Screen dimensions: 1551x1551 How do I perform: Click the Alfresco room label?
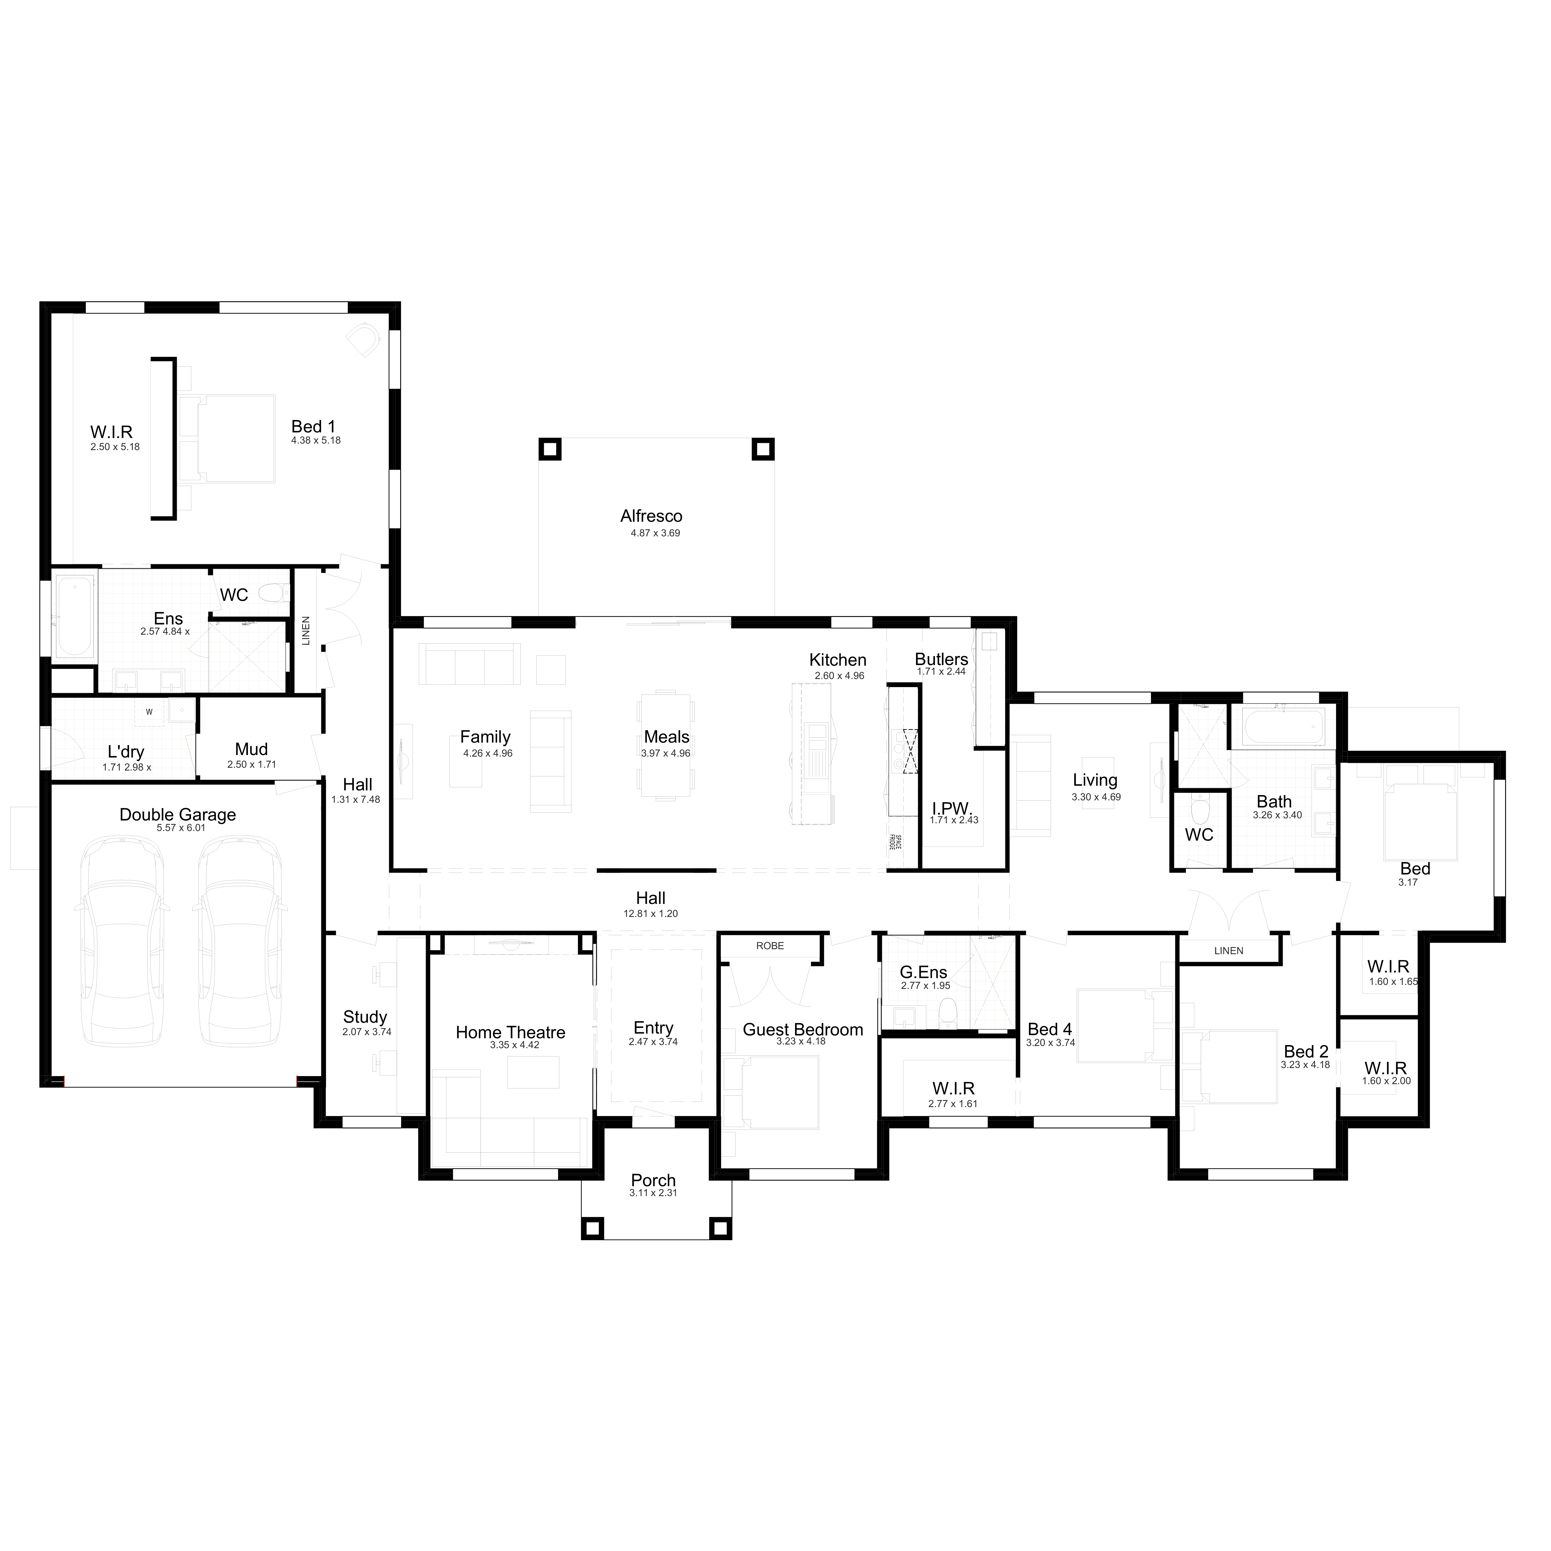point(651,516)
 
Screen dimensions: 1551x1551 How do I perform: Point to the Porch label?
point(654,1180)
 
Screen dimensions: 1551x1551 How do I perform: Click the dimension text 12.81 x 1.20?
point(651,914)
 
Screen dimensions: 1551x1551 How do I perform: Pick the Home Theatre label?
point(511,1032)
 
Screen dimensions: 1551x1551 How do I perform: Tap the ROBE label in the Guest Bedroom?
point(770,946)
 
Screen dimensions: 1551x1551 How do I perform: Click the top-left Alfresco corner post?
point(550,449)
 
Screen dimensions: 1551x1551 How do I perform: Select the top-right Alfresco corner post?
point(763,449)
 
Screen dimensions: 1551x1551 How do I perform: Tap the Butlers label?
point(942,659)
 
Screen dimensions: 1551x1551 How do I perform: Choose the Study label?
point(365,1017)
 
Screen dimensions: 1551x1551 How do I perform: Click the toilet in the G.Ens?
point(948,1013)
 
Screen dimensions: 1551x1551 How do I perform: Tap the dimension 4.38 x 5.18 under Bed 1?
point(316,441)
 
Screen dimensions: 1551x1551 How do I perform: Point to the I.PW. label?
point(952,808)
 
